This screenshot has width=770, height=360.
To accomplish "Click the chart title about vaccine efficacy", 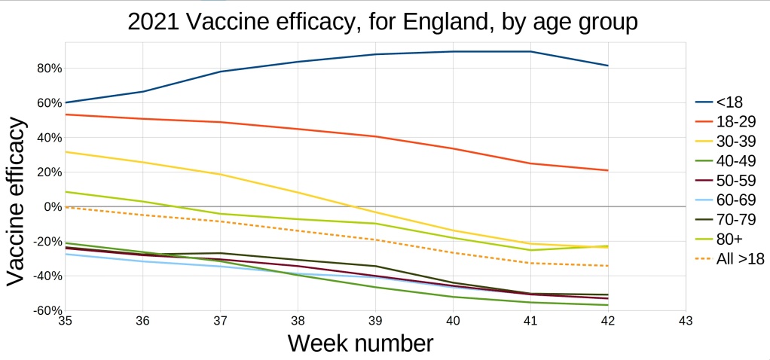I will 383,22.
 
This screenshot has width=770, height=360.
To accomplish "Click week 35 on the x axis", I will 65,320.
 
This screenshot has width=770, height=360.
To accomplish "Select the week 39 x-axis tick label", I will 375,320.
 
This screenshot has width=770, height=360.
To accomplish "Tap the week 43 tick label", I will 686,320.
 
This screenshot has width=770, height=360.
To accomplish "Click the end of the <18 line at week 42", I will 608,66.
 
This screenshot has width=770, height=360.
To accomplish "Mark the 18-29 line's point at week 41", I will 530,163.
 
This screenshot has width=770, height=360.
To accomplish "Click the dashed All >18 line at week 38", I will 298,230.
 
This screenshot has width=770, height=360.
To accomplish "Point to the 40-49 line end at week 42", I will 608,305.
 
